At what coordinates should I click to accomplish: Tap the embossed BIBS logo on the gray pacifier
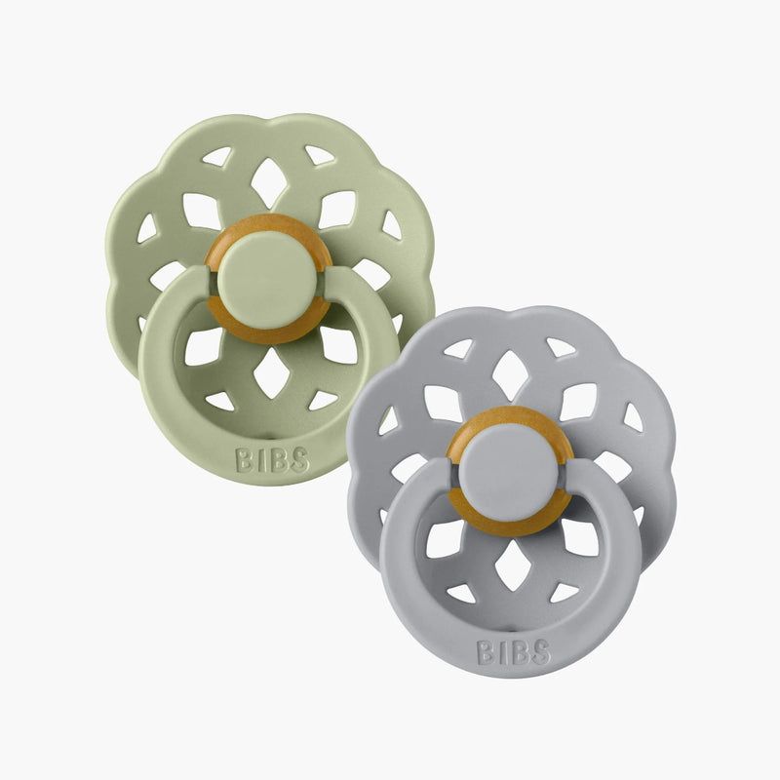(x=513, y=651)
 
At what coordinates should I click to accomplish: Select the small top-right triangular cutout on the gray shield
(x=560, y=348)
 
